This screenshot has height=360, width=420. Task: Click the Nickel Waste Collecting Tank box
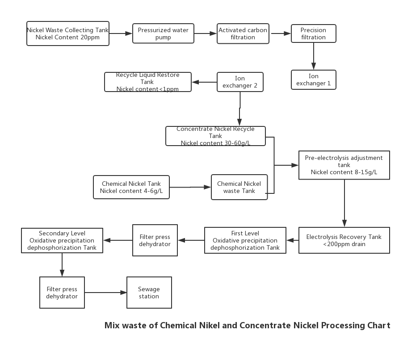point(68,33)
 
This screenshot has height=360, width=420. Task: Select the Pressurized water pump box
point(163,33)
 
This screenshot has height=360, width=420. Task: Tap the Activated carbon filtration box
point(243,33)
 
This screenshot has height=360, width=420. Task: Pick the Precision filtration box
point(313,33)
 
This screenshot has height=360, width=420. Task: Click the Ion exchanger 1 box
point(313,80)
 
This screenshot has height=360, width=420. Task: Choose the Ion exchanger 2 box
point(240,82)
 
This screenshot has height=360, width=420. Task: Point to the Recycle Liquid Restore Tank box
point(148,82)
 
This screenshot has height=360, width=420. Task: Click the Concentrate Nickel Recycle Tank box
point(216,136)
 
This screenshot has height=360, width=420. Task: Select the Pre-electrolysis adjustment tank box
point(344,165)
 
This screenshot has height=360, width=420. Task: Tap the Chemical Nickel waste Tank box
point(239,187)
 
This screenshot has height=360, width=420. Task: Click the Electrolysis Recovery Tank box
point(344,240)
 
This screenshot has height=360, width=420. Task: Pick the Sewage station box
point(149,293)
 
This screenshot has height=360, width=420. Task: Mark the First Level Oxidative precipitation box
point(245,240)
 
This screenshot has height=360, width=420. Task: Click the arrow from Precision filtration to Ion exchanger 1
point(314,56)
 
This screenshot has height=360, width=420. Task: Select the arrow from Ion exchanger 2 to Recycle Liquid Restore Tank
point(204,82)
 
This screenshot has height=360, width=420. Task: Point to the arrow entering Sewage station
point(105,293)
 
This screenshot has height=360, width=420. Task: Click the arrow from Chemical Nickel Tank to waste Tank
point(190,187)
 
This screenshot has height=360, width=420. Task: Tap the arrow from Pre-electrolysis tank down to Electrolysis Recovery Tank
point(344,203)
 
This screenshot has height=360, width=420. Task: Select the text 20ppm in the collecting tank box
point(90,37)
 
